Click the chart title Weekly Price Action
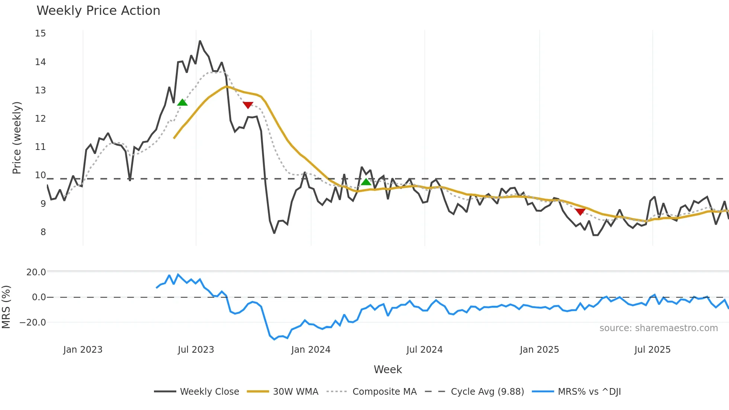(x=98, y=11)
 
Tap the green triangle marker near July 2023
(x=182, y=102)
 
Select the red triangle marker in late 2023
(x=248, y=105)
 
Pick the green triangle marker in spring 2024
(x=366, y=182)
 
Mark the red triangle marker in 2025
(x=580, y=212)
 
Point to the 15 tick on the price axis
(x=41, y=33)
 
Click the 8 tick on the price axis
(x=43, y=232)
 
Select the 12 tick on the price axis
(x=41, y=119)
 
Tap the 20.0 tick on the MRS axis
(x=36, y=272)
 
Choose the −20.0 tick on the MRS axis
(x=33, y=323)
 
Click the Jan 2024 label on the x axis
(x=311, y=350)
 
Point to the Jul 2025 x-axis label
(x=652, y=350)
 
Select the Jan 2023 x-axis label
(x=83, y=350)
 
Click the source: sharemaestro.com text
(x=658, y=328)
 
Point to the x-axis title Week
(x=388, y=369)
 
